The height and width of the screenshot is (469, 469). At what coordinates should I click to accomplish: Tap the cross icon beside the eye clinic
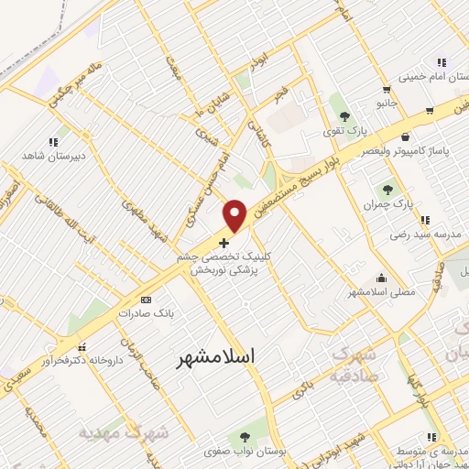coord(225,243)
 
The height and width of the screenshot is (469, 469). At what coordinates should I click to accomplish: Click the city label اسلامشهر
coord(215,354)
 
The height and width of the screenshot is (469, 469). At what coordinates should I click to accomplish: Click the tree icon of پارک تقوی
coord(344,116)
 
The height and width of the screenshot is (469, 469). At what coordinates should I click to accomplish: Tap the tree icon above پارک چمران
coord(389,189)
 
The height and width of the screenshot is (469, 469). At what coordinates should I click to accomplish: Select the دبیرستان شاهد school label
coord(53,155)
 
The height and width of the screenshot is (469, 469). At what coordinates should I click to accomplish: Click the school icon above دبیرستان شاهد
coord(52,142)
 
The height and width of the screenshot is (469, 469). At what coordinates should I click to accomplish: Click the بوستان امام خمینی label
coord(431,75)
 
